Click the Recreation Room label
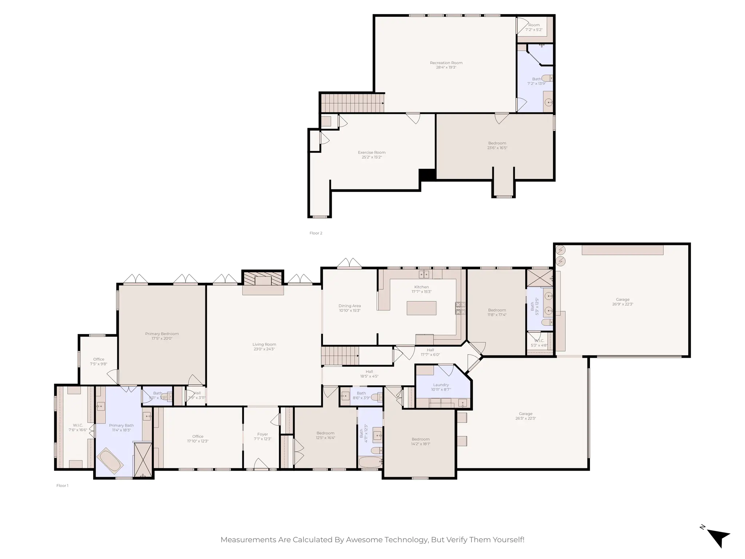[x=446, y=63]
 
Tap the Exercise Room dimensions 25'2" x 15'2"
[x=371, y=157]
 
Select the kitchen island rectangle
[x=421, y=308]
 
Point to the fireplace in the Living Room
[x=263, y=280]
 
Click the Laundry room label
[x=441, y=385]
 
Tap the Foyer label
[x=262, y=434]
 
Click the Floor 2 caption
[x=316, y=233]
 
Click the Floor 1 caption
[x=62, y=485]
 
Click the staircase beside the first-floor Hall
[x=340, y=356]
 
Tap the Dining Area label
[x=350, y=306]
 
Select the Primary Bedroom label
[x=162, y=334]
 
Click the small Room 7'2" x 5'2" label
[x=534, y=25]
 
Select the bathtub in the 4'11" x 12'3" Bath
[x=370, y=462]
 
